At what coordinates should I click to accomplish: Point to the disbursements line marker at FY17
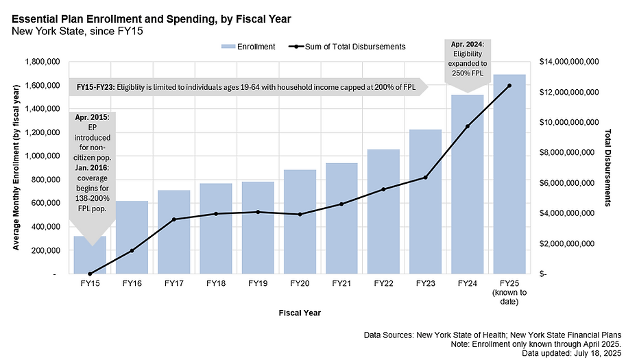click(174, 219)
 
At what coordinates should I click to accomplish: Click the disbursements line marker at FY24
click(468, 126)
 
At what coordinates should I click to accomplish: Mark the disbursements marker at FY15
click(90, 274)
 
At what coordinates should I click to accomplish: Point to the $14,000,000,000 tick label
click(570, 62)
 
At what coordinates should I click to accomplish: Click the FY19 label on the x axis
click(258, 283)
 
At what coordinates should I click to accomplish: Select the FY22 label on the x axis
click(384, 283)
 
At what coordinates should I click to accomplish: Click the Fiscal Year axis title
click(300, 313)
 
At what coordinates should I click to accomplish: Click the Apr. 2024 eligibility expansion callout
click(468, 59)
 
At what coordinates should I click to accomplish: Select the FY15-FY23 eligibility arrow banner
click(248, 87)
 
